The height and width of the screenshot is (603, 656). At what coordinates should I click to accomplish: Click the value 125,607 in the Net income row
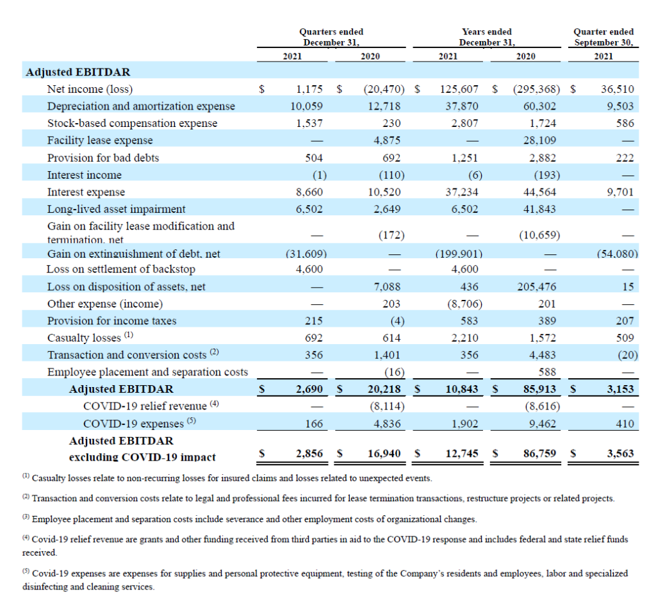point(459,89)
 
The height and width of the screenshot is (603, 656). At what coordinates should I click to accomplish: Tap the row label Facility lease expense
point(100,140)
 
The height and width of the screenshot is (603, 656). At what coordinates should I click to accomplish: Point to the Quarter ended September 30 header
point(603,37)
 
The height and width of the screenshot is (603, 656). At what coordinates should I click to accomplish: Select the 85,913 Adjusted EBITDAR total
point(539,389)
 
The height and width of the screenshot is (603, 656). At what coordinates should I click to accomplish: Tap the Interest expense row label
point(86,192)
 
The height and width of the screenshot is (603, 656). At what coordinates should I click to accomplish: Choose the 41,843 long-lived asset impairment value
point(539,210)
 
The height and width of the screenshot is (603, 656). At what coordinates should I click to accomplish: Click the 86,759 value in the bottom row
point(539,454)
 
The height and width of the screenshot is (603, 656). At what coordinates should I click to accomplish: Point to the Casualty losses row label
point(90,337)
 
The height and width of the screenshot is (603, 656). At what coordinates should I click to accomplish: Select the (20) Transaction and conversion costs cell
point(628,355)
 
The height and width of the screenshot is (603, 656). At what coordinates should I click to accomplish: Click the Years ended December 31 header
point(487,37)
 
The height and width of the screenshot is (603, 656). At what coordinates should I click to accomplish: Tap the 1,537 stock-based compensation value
point(309,124)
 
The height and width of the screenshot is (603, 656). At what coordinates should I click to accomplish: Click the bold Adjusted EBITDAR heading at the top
point(78,72)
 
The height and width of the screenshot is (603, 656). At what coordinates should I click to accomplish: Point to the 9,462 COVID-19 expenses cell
point(543,424)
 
